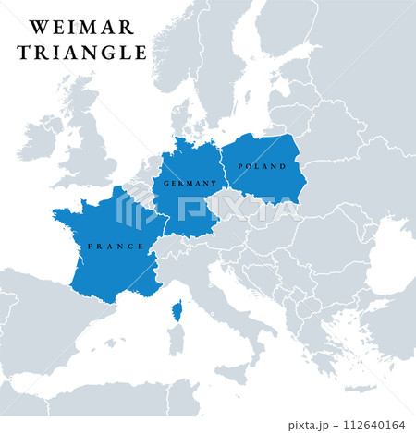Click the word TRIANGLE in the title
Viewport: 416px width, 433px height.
[81, 53]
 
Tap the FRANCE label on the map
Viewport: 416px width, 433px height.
[115, 247]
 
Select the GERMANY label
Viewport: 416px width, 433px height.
[190, 184]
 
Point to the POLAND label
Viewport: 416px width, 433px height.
[256, 166]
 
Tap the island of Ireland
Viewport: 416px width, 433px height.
[42, 138]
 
